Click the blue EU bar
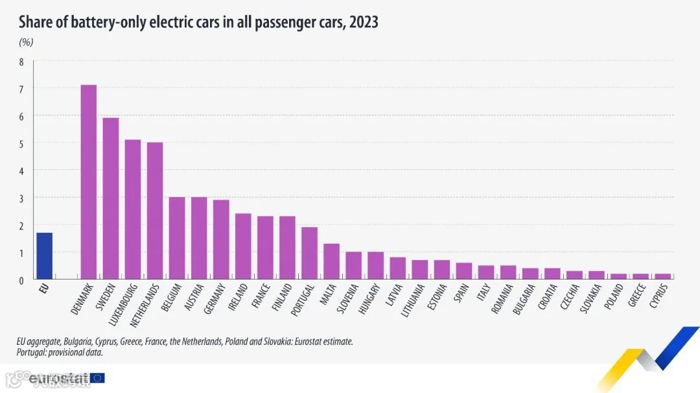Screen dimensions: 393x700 click(44, 256)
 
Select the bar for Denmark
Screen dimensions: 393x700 click(88, 182)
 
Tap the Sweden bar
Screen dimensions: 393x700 click(111, 198)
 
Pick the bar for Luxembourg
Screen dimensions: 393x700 click(133, 209)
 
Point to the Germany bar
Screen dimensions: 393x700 click(221, 239)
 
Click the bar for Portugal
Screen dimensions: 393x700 click(309, 252)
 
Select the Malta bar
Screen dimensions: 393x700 click(331, 261)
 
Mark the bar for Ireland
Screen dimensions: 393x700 click(243, 246)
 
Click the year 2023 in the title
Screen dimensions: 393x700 click(363, 23)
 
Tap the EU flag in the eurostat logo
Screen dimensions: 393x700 click(97, 378)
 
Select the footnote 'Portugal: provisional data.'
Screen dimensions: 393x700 click(60, 353)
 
